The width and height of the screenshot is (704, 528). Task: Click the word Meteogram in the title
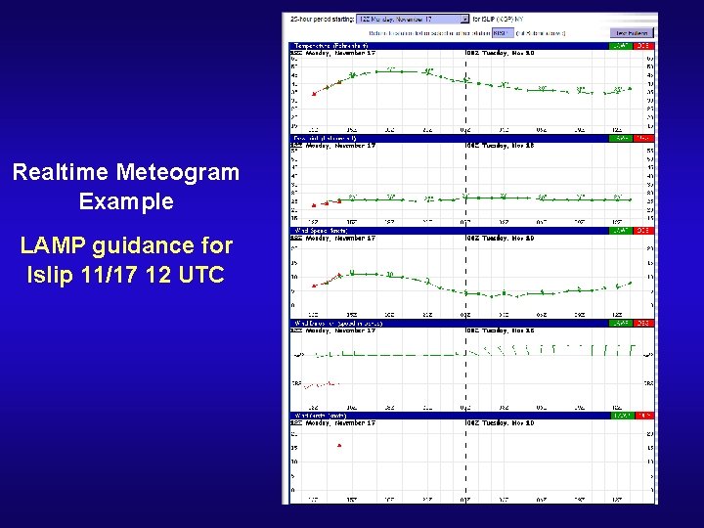178,173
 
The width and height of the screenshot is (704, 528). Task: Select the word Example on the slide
126,202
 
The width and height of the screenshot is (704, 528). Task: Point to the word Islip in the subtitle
54,275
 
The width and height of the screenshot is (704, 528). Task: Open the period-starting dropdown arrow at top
464,19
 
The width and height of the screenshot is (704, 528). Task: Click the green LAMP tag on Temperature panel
620,45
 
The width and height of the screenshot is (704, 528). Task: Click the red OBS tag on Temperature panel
643,45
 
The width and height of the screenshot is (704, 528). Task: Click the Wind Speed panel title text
320,231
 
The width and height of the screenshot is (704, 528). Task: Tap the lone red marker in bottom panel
338,445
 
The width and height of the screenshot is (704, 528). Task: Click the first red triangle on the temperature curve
314,93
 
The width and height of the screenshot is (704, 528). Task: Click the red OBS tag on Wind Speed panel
643,231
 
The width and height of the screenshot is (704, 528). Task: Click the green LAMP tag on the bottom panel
620,416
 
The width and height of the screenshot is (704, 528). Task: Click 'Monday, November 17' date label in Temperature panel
340,53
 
